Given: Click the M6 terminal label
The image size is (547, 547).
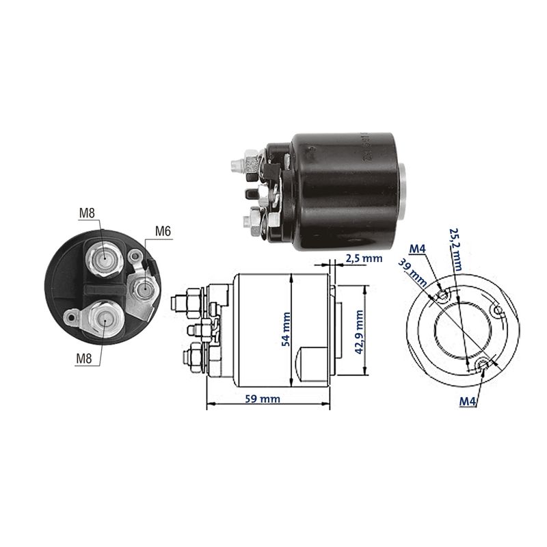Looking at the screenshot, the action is point(163,231).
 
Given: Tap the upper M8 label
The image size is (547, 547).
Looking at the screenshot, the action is point(87,213).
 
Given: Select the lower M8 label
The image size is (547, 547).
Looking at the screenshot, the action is point(84,358).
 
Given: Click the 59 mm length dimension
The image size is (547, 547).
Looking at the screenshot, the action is point(263,399).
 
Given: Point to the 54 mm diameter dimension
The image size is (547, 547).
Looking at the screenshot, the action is point(286,330).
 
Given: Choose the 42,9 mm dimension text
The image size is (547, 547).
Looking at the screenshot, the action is point(359,332).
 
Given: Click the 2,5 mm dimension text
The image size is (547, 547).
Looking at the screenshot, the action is point(364,258).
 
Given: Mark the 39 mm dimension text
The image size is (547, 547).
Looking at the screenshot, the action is point(412,273).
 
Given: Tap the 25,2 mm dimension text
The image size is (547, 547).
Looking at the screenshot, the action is point(455,250).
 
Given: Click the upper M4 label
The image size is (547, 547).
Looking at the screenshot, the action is point(418,249).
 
